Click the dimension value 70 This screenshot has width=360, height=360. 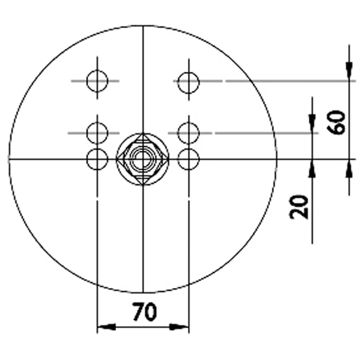tap(144, 312)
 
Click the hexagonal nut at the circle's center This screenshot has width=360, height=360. tap(142, 159)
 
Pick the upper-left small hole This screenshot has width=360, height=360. tap(97, 81)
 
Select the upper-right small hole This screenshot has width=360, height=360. tap(188, 82)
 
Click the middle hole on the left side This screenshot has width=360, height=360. tap(97, 131)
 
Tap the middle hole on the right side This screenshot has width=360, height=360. tap(188, 131)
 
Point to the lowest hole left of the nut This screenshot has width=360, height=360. tap(97, 159)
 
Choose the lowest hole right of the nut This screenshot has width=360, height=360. tap(188, 159)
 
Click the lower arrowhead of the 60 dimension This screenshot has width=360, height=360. tap(347, 168)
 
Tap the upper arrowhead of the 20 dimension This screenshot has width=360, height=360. tap(311, 123)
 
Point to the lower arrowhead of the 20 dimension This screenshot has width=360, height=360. tap(311, 168)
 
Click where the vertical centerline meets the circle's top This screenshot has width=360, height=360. tap(142, 26)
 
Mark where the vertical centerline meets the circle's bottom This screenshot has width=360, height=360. tap(142, 293)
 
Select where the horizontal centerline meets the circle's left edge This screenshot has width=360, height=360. tap(9, 159)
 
